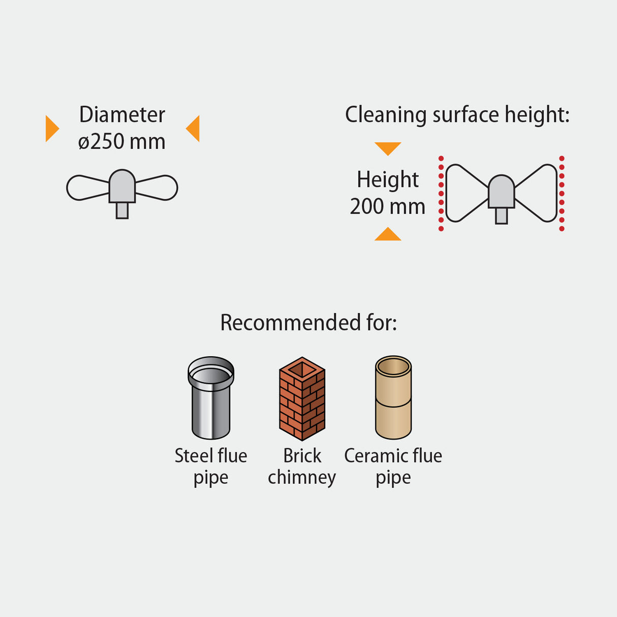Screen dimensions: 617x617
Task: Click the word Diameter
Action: point(122,115)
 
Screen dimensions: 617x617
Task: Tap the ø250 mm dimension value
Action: point(122,142)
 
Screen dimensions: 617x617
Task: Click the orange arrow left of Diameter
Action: point(51,129)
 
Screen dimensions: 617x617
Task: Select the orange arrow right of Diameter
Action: point(193,129)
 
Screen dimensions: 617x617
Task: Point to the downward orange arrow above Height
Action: point(388,148)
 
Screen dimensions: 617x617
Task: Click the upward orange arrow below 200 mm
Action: point(388,234)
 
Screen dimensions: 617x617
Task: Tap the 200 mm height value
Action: point(387,207)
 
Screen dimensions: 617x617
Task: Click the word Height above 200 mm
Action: point(388,180)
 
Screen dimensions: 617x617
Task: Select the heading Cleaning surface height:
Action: point(457,115)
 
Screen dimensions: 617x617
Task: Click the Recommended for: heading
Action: point(308,323)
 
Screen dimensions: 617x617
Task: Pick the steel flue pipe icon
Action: point(211,397)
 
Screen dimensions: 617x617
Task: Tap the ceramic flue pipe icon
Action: point(393,397)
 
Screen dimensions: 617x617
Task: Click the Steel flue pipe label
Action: point(211,467)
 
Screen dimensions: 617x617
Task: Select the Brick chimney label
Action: point(302,467)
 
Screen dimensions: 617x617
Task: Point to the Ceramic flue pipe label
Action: point(393,467)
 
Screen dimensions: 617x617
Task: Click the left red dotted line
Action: point(441,194)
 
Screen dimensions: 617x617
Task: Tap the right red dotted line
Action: point(562,194)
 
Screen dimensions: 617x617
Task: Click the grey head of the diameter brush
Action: point(122,186)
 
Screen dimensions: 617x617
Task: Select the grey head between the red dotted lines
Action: point(502,192)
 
